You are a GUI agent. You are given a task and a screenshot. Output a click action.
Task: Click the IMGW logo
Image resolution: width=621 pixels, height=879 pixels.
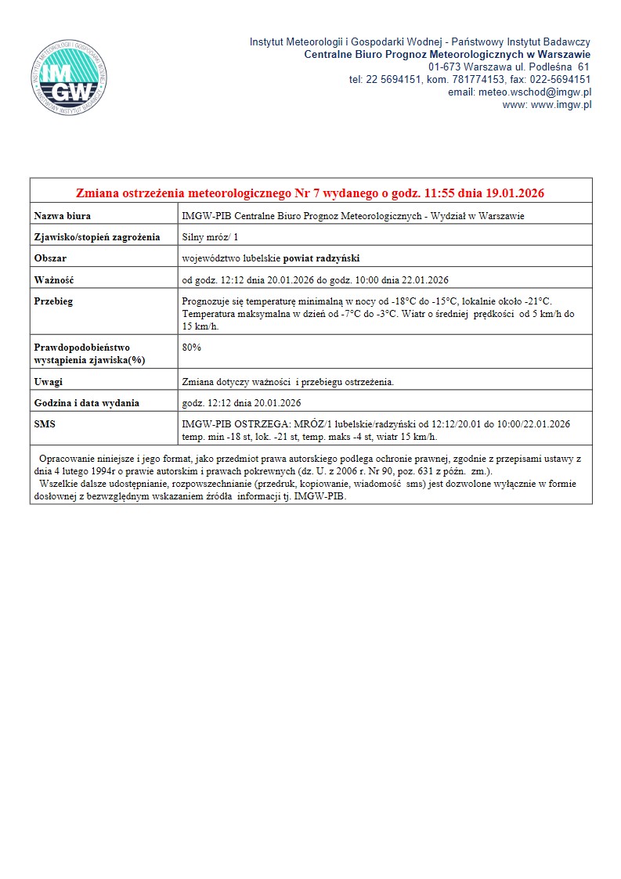coord(65,77)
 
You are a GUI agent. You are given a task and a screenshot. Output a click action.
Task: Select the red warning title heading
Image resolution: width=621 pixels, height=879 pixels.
coord(310,193)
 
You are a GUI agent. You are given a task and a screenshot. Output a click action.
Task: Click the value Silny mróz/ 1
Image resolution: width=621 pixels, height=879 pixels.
coord(210,236)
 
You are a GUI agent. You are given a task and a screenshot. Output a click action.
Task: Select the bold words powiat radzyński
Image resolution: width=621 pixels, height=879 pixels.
coord(321,258)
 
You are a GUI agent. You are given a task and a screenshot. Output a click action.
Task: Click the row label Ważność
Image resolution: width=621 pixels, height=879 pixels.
coord(53,279)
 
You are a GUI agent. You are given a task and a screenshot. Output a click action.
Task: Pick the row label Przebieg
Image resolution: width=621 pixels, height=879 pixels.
coord(53,301)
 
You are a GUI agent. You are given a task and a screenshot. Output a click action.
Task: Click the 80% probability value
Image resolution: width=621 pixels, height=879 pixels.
coord(191,346)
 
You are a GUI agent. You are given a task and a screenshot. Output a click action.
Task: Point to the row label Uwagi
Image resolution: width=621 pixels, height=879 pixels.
coord(49,382)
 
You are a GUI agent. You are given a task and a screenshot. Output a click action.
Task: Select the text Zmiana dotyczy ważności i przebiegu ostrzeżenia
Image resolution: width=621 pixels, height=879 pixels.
coord(287,382)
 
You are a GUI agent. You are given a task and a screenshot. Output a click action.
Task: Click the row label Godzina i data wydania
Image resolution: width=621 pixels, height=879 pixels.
coord(87,403)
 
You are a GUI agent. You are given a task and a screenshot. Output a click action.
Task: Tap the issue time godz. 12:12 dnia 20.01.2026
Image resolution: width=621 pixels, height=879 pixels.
coord(241,403)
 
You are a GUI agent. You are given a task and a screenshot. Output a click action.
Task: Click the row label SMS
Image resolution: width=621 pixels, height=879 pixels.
coord(45,424)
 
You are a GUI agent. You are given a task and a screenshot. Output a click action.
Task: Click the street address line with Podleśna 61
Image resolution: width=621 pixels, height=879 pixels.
coord(509,67)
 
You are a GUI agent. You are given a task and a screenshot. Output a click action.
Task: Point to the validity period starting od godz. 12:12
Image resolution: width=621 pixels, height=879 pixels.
coord(315,279)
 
